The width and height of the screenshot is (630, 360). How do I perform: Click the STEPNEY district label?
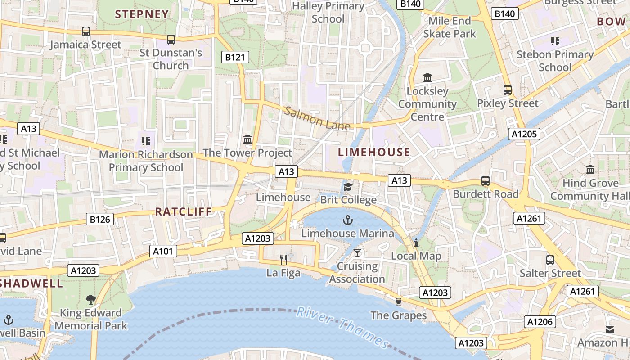pos(142,14)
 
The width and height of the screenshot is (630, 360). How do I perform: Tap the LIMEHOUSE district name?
pos(374,152)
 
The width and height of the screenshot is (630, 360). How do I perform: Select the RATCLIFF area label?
pos(183,211)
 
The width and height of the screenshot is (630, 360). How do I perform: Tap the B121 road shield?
pos(236,57)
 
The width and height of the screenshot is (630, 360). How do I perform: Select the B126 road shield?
pos(100,220)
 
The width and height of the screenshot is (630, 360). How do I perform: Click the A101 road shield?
pos(163,251)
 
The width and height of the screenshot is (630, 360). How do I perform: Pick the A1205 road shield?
pos(524,134)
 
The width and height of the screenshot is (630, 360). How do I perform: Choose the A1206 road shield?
pos(540,322)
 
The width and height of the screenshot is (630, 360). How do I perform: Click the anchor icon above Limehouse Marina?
pos(347,220)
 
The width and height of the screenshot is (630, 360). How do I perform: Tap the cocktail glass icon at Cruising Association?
pos(357,252)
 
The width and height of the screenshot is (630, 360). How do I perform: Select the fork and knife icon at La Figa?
pos(283,259)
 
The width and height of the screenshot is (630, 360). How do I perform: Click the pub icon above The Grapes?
pos(398,301)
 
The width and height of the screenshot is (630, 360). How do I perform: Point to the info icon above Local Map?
pos(416,243)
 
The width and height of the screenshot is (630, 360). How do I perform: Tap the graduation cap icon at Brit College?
pos(348,186)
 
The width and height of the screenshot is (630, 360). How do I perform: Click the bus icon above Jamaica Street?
pos(85,31)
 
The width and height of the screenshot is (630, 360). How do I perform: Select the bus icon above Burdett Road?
pos(486,181)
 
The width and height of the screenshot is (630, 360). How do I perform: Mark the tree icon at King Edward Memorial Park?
pos(91,299)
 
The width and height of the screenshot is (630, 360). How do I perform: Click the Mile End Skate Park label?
pos(450,27)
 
